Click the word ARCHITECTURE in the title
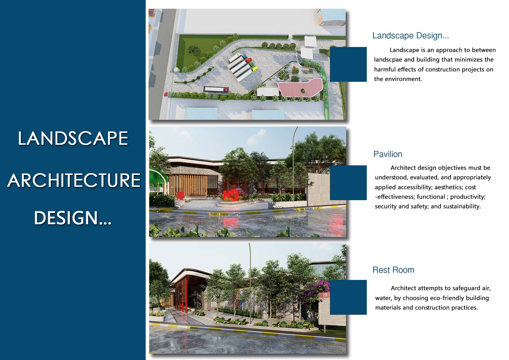click(x=74, y=180)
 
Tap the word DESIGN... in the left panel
click(x=73, y=218)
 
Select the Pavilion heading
click(x=388, y=154)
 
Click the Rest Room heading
click(x=393, y=270)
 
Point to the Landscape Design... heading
click(x=411, y=36)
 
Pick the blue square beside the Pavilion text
click(x=348, y=183)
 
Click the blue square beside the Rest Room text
click(x=348, y=297)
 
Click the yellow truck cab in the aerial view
click(x=254, y=68)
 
